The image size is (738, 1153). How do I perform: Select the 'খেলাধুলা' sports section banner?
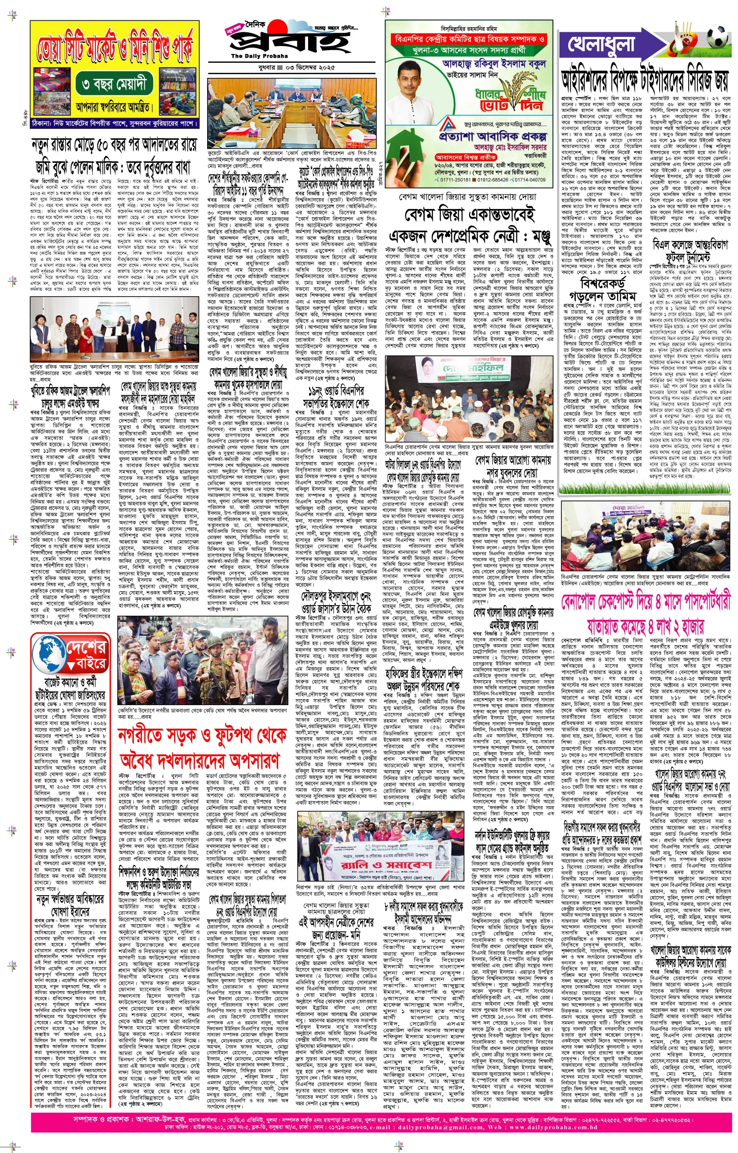601,45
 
